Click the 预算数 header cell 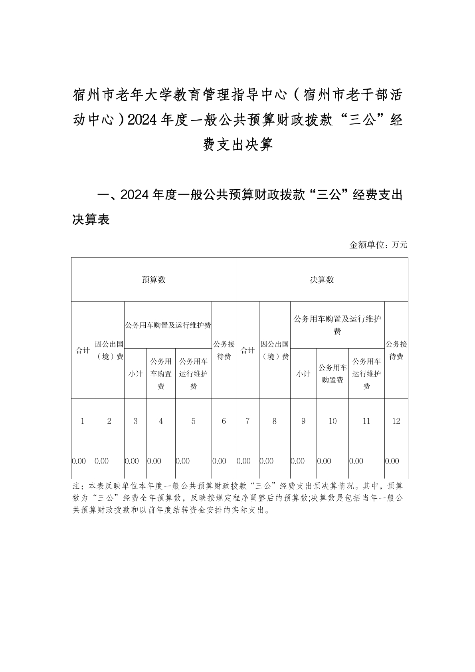click(x=154, y=280)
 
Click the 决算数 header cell click(x=322, y=280)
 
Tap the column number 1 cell click(x=83, y=421)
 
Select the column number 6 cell click(x=224, y=421)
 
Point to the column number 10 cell click(x=332, y=421)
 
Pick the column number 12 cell click(x=396, y=421)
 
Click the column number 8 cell click(x=274, y=421)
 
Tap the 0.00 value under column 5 click(x=183, y=461)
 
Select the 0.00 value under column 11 click(x=356, y=461)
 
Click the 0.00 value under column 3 click(x=132, y=461)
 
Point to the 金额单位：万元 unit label click(x=378, y=245)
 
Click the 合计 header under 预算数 click(x=83, y=350)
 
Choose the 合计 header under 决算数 click(x=247, y=350)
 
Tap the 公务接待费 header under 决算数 click(x=396, y=350)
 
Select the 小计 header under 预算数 click(x=135, y=374)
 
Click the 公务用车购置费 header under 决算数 click(x=332, y=374)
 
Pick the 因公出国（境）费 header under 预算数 click(x=109, y=350)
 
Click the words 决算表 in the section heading click(x=91, y=219)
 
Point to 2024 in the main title click(x=140, y=119)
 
